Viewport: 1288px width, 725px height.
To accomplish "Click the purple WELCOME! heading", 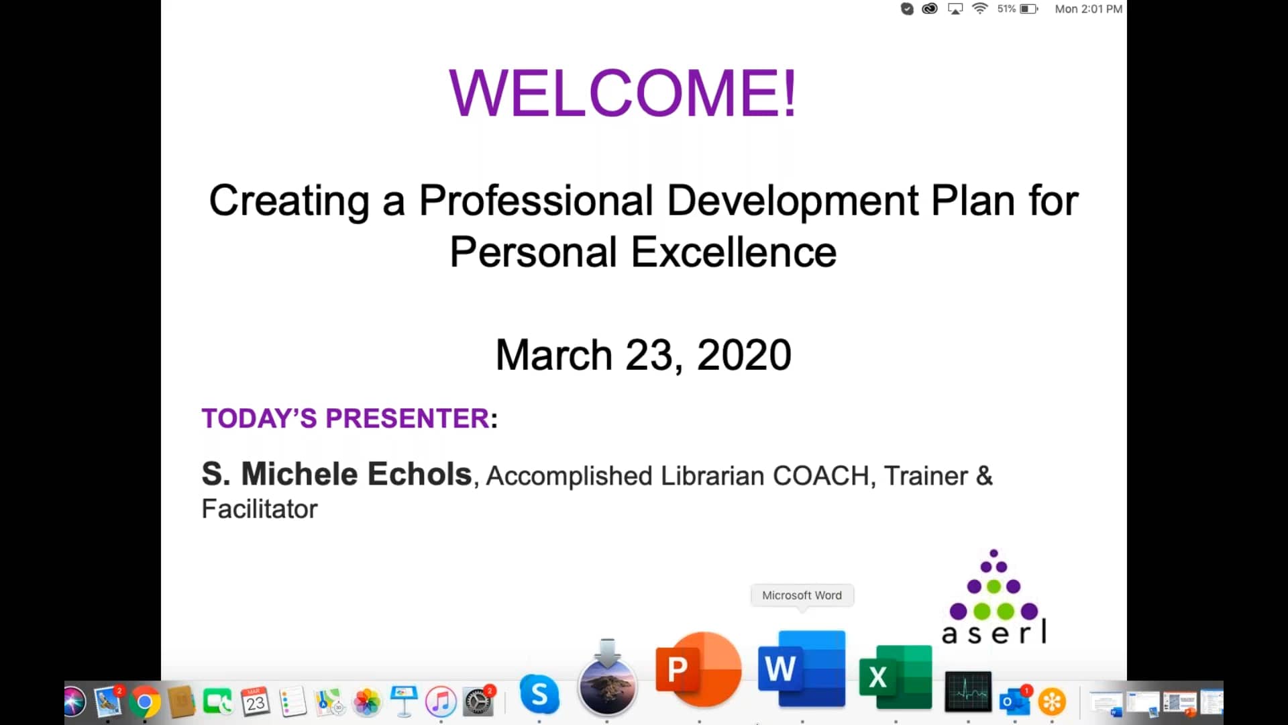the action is [x=623, y=93].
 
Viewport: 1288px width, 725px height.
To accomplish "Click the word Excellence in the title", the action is [x=734, y=252].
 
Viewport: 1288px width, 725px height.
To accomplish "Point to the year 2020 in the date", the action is [x=744, y=354].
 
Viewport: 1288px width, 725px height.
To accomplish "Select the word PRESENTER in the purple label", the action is [x=407, y=418].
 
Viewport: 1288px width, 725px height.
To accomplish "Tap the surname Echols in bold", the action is [x=419, y=474].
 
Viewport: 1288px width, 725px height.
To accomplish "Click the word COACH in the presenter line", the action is [x=821, y=475].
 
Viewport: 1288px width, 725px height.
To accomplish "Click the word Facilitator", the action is [x=260, y=509].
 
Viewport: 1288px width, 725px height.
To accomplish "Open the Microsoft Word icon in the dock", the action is [x=802, y=669].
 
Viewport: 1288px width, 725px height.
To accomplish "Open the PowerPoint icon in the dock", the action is [x=698, y=669].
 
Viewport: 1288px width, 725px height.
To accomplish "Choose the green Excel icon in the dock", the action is [x=896, y=677].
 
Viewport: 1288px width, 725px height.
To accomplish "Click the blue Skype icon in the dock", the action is [x=539, y=694].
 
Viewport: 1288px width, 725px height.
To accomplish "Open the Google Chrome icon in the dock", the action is [x=145, y=702].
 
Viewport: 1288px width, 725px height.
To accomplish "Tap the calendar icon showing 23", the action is [x=255, y=702].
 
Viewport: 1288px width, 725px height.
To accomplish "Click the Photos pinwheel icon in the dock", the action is [x=367, y=702].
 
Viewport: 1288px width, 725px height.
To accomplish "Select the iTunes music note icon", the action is [x=441, y=702].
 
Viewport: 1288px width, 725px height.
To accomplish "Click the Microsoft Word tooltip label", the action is [x=802, y=595].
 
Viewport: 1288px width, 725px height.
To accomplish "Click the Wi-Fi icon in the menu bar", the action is [x=980, y=9].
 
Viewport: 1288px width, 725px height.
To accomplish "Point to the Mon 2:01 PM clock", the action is [x=1088, y=9].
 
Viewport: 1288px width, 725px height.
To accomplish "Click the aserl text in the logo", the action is [x=994, y=632].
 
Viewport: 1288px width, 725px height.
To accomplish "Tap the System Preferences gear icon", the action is [x=478, y=702].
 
